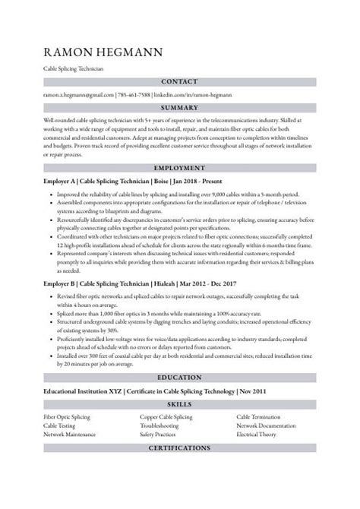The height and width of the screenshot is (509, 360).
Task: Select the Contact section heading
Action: pyautogui.click(x=179, y=82)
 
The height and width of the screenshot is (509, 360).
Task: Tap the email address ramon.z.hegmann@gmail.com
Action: pyautogui.click(x=78, y=96)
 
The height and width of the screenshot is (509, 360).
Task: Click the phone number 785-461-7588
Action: pyautogui.click(x=133, y=96)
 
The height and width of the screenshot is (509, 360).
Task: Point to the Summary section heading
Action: pyautogui.click(x=179, y=108)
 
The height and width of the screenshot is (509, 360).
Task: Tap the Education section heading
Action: pyautogui.click(x=179, y=377)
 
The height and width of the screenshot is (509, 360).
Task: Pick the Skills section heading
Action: pyautogui.click(x=179, y=405)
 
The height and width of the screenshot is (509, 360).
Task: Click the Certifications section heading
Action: pyautogui.click(x=179, y=449)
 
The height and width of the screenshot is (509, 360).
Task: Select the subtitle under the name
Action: pyautogui.click(x=74, y=68)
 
